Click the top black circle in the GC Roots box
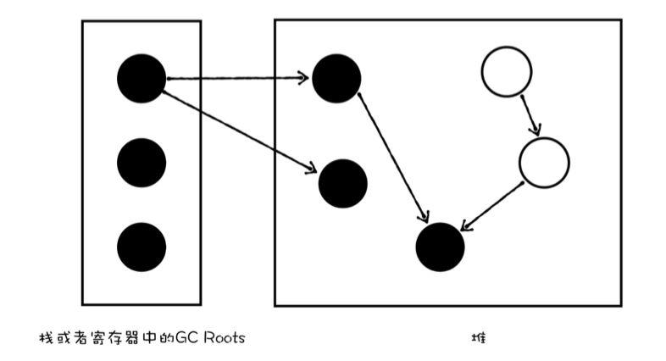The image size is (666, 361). (142, 78)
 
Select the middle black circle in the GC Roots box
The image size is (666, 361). (142, 160)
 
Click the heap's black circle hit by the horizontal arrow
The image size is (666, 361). (336, 78)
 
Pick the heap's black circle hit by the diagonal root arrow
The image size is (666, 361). (342, 182)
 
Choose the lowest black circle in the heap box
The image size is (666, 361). (441, 247)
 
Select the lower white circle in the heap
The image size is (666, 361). (544, 162)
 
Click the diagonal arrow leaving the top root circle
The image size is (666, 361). (237, 128)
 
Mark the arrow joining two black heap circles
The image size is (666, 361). (391, 157)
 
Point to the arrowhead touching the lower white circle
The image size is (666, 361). (536, 131)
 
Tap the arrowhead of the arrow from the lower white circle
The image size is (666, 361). (463, 227)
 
